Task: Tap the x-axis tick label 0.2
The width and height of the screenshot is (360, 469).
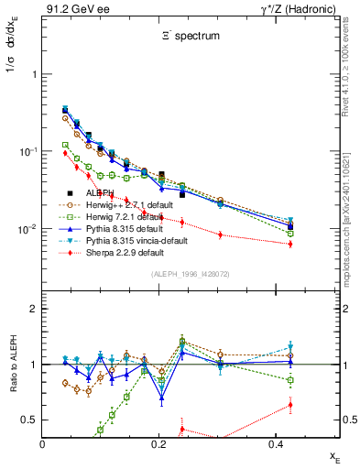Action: pyautogui.click(x=158, y=443)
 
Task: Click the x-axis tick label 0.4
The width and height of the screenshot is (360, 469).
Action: pyautogui.click(x=275, y=443)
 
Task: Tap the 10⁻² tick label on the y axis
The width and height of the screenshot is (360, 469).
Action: pyautogui.click(x=26, y=229)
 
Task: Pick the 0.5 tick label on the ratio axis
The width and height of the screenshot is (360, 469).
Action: pyautogui.click(x=29, y=420)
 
